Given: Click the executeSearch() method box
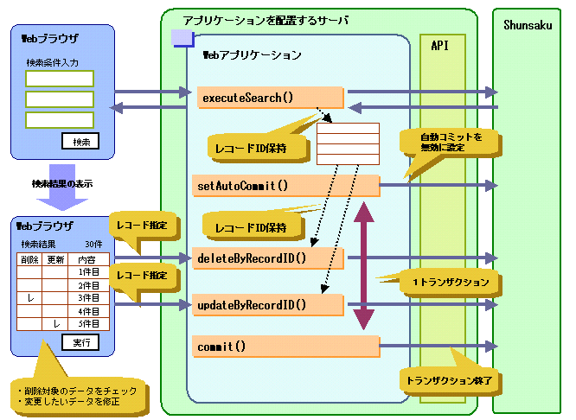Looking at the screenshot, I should point(270,98).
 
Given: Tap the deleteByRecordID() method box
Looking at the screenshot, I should point(270,258).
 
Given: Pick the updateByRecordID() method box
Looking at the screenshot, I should point(270,304).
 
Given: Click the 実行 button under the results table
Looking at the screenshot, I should point(80,342).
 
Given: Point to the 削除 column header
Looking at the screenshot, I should point(29,259).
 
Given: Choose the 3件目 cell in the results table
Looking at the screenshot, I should point(89,297).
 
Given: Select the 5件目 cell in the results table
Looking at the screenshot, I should point(89,323).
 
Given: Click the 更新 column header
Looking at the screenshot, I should point(55,259).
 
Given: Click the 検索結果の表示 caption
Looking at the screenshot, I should point(62,184).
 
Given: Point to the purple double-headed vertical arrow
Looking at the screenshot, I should point(366,264).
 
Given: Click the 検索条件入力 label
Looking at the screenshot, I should point(52,63).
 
